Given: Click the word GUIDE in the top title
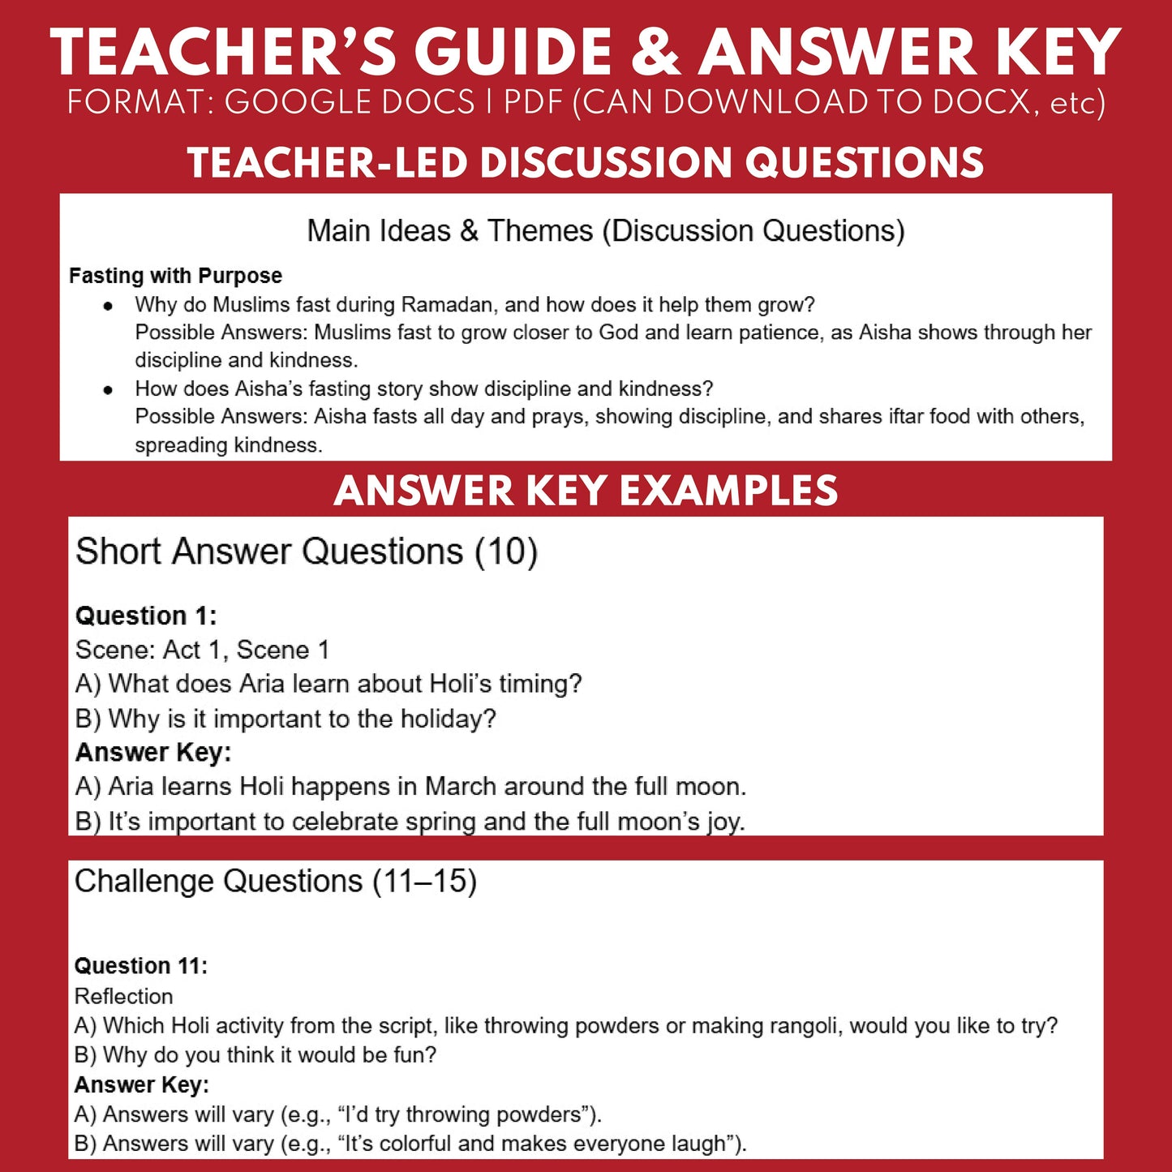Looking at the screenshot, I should point(513,54).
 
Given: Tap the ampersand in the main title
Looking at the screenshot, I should point(655,54).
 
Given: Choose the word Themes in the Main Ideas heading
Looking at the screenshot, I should point(540,231).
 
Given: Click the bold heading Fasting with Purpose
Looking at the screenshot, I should point(175,276).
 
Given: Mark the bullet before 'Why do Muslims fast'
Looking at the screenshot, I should point(108,306).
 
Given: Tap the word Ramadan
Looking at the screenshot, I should point(449,305).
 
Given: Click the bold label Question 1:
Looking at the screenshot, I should point(146,616).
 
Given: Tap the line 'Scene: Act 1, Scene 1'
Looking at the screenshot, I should point(202,650).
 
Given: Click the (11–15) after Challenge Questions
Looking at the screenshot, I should point(424,882).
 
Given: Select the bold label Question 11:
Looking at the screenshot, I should point(141,966).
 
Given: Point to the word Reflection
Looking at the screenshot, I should point(124,996).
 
